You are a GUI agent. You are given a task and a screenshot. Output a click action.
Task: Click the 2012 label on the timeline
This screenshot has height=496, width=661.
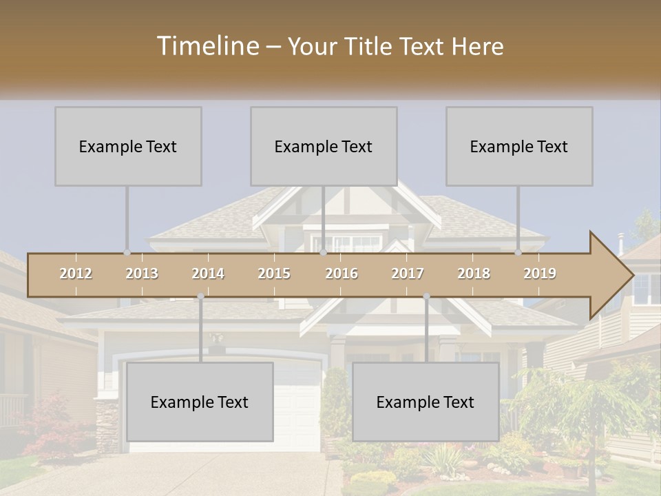pos(76,273)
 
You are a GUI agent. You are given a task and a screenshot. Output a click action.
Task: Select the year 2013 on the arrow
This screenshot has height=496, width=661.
pos(142,273)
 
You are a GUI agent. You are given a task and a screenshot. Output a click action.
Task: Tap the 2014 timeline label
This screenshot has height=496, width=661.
pos(208,273)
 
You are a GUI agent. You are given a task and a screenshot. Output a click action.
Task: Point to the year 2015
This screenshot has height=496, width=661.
pos(274,273)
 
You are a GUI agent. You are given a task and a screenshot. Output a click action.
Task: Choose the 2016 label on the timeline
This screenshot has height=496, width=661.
pos(342,273)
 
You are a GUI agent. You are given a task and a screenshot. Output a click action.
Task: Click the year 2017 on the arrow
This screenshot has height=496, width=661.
pos(408,273)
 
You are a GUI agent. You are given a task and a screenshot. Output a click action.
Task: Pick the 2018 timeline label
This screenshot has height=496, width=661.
pos(474,273)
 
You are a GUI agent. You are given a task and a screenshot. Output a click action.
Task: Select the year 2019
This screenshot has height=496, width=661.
pos(540,273)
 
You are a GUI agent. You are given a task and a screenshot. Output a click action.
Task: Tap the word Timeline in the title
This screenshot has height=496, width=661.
pos(207,46)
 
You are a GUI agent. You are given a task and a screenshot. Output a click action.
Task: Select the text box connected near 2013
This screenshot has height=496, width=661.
pos(128,146)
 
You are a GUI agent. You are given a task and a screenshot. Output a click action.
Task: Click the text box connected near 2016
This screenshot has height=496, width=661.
pos(324,146)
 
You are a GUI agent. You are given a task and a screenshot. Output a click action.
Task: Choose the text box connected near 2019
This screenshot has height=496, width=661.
pos(519,146)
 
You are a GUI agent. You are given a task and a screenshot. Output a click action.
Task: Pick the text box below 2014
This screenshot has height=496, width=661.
pos(200,402)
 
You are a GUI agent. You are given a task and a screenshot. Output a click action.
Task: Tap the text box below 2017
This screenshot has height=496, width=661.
pos(426,402)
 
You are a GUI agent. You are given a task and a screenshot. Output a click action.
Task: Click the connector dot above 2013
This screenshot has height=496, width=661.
pos(127,253)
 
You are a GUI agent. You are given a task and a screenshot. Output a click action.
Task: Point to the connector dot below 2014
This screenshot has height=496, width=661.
pos(200,296)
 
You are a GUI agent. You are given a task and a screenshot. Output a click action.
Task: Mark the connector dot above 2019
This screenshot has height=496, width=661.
pos(518,253)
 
